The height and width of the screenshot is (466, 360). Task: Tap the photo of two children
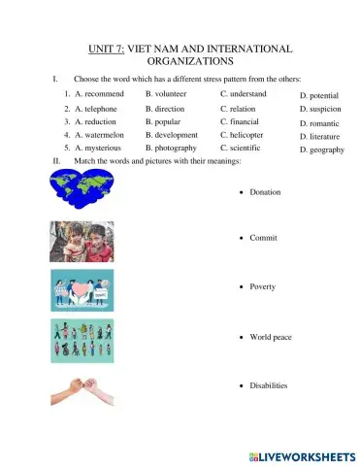82,242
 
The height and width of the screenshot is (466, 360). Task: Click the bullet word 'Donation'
265,192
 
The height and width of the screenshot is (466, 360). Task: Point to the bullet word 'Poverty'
263,287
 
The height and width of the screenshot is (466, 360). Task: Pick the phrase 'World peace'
271,337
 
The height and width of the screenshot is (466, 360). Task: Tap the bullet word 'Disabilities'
269,385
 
